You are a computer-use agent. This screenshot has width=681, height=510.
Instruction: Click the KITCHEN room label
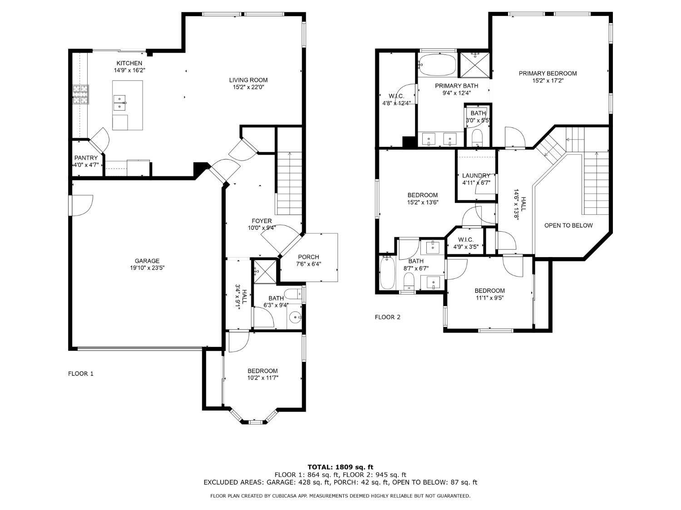[x=129, y=63]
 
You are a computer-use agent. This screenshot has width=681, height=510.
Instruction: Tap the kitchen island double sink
[x=119, y=103]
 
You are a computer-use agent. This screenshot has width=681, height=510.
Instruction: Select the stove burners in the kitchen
[x=81, y=94]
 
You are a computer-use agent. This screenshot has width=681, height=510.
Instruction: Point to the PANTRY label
[x=86, y=158]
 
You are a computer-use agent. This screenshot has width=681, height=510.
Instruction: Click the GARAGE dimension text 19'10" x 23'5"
[x=147, y=268]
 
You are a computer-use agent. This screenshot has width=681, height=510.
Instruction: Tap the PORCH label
[x=308, y=257]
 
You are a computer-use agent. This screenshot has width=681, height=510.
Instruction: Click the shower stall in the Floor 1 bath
[x=265, y=272]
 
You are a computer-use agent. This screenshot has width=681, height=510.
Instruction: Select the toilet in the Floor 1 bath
[x=293, y=294]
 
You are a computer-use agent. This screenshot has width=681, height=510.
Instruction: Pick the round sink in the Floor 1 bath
[x=295, y=317]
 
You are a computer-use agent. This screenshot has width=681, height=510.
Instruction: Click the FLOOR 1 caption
[x=81, y=374]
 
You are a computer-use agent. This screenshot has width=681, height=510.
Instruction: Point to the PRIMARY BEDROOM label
[x=548, y=73]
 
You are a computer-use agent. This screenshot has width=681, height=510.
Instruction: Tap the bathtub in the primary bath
[x=437, y=65]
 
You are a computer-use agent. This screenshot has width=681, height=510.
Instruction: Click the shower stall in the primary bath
[x=474, y=65]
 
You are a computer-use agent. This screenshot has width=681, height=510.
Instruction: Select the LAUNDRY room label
[x=476, y=175]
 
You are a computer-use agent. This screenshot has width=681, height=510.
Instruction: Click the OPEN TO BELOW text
[x=569, y=225]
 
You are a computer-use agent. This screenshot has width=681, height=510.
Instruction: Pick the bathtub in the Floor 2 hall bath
[x=387, y=272]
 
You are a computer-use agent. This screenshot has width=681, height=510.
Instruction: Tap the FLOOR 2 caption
[x=388, y=317]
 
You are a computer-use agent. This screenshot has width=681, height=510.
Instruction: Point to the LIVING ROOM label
[x=248, y=80]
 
